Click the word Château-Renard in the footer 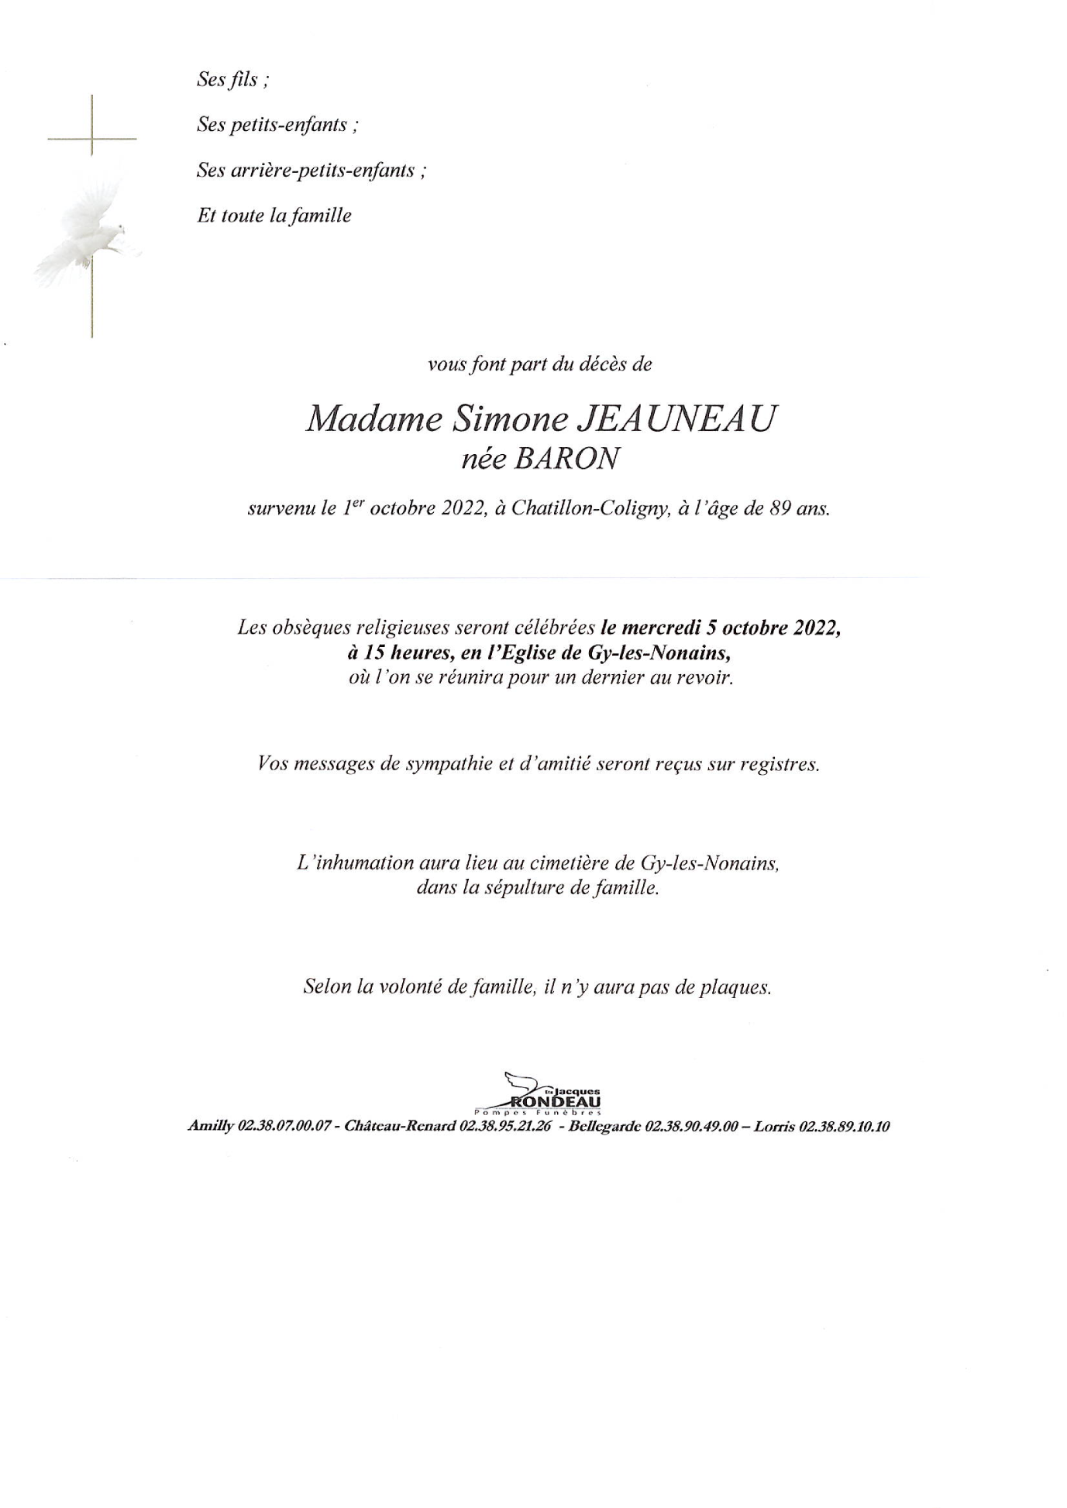coord(399,1127)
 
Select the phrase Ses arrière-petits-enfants coord(311,170)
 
